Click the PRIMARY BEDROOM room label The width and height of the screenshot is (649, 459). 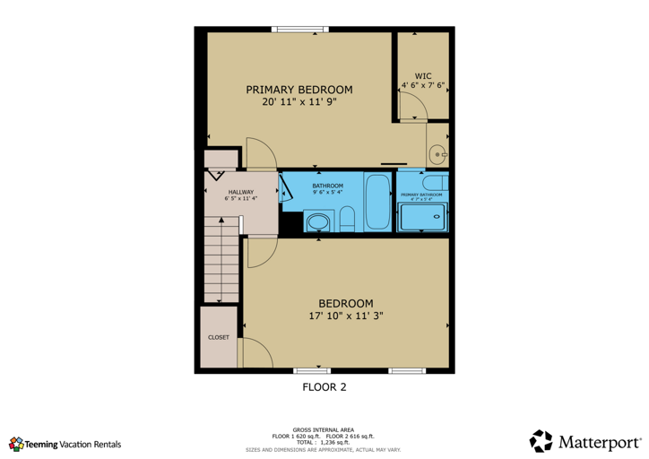(299, 90)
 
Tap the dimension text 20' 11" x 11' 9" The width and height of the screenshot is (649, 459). (299, 102)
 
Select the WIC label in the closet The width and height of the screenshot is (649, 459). (423, 75)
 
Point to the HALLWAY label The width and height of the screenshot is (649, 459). (240, 192)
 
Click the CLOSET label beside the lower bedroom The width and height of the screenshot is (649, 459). (219, 337)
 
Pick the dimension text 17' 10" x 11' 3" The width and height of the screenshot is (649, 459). (345, 316)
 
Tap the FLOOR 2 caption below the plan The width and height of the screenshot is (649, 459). (323, 388)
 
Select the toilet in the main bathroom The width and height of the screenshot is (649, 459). (349, 219)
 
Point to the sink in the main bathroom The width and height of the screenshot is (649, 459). (318, 221)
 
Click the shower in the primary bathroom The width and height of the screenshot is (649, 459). (421, 217)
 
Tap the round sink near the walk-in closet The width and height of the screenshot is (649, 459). (437, 155)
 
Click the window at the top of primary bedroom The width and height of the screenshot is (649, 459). (301, 30)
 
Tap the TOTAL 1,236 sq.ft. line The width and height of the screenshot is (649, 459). (324, 442)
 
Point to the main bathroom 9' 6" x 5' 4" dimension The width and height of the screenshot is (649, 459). (327, 192)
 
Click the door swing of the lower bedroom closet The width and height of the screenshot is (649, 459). (254, 351)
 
